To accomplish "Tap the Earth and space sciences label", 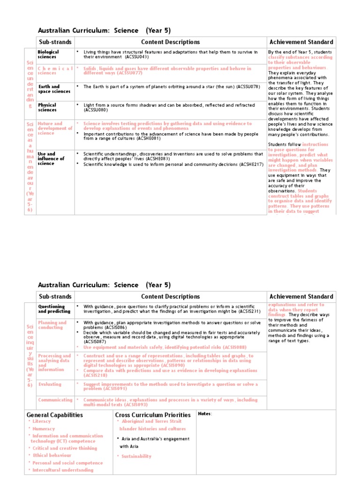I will pyautogui.click(x=54, y=89).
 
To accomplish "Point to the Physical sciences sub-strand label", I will pyautogui.click(x=47, y=108).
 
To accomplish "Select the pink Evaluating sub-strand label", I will pyautogui.click(x=50, y=384).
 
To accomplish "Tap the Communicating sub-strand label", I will pyautogui.click(x=55, y=400).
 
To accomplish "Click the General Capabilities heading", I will pyautogui.click(x=55, y=415).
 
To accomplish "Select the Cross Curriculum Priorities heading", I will pyautogui.click(x=153, y=415).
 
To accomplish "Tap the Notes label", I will pyautogui.click(x=205, y=413).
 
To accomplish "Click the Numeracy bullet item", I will pyautogui.click(x=44, y=428).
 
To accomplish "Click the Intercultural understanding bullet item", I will pyautogui.click(x=63, y=470).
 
